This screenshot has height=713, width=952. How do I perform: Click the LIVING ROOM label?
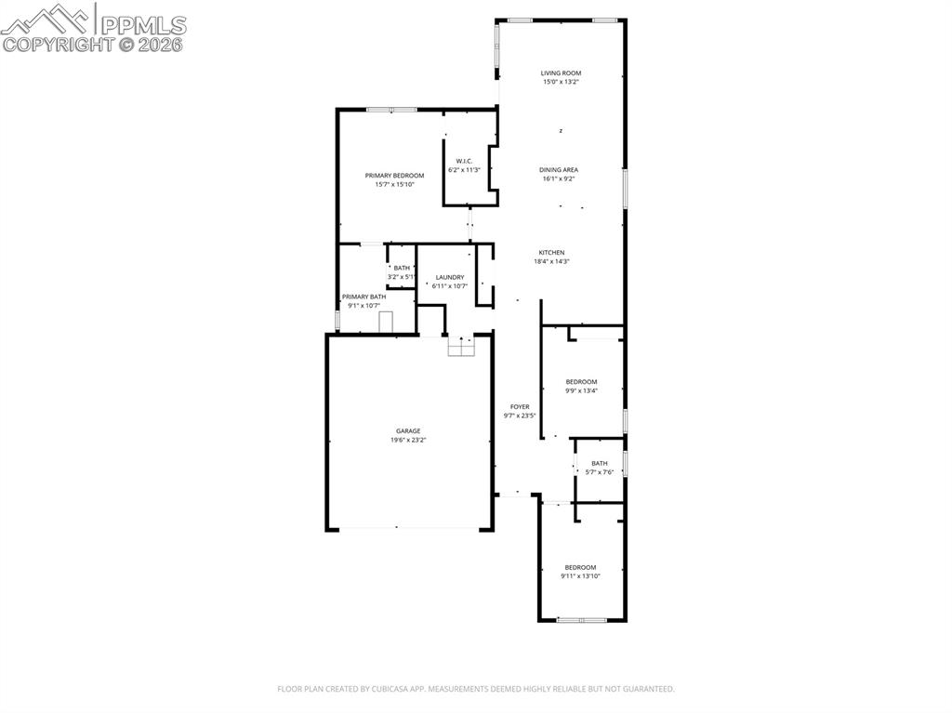click(561, 73)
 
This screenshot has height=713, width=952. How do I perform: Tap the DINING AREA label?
click(559, 170)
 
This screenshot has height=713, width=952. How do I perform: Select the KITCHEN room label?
click(551, 253)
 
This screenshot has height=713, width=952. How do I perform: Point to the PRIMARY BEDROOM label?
click(394, 176)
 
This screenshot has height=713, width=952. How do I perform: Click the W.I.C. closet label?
click(464, 161)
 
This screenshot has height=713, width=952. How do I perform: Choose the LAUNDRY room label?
click(449, 277)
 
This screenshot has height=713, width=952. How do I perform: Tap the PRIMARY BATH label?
click(364, 297)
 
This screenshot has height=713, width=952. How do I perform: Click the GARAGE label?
click(408, 431)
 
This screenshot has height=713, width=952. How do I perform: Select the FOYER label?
click(520, 407)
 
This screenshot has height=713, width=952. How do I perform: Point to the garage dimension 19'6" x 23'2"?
click(408, 440)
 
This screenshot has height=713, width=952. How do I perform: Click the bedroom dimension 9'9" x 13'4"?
click(581, 390)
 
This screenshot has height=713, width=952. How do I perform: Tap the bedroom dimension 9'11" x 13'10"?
click(580, 576)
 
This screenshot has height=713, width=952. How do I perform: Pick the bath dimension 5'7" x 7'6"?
click(599, 472)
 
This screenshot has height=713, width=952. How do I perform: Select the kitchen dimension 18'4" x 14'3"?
click(551, 261)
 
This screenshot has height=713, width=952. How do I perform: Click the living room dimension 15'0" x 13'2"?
click(561, 82)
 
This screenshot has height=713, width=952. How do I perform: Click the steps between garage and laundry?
click(461, 346)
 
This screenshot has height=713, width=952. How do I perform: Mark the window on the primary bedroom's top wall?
click(390, 110)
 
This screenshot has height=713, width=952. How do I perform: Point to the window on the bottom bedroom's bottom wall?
click(581, 619)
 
